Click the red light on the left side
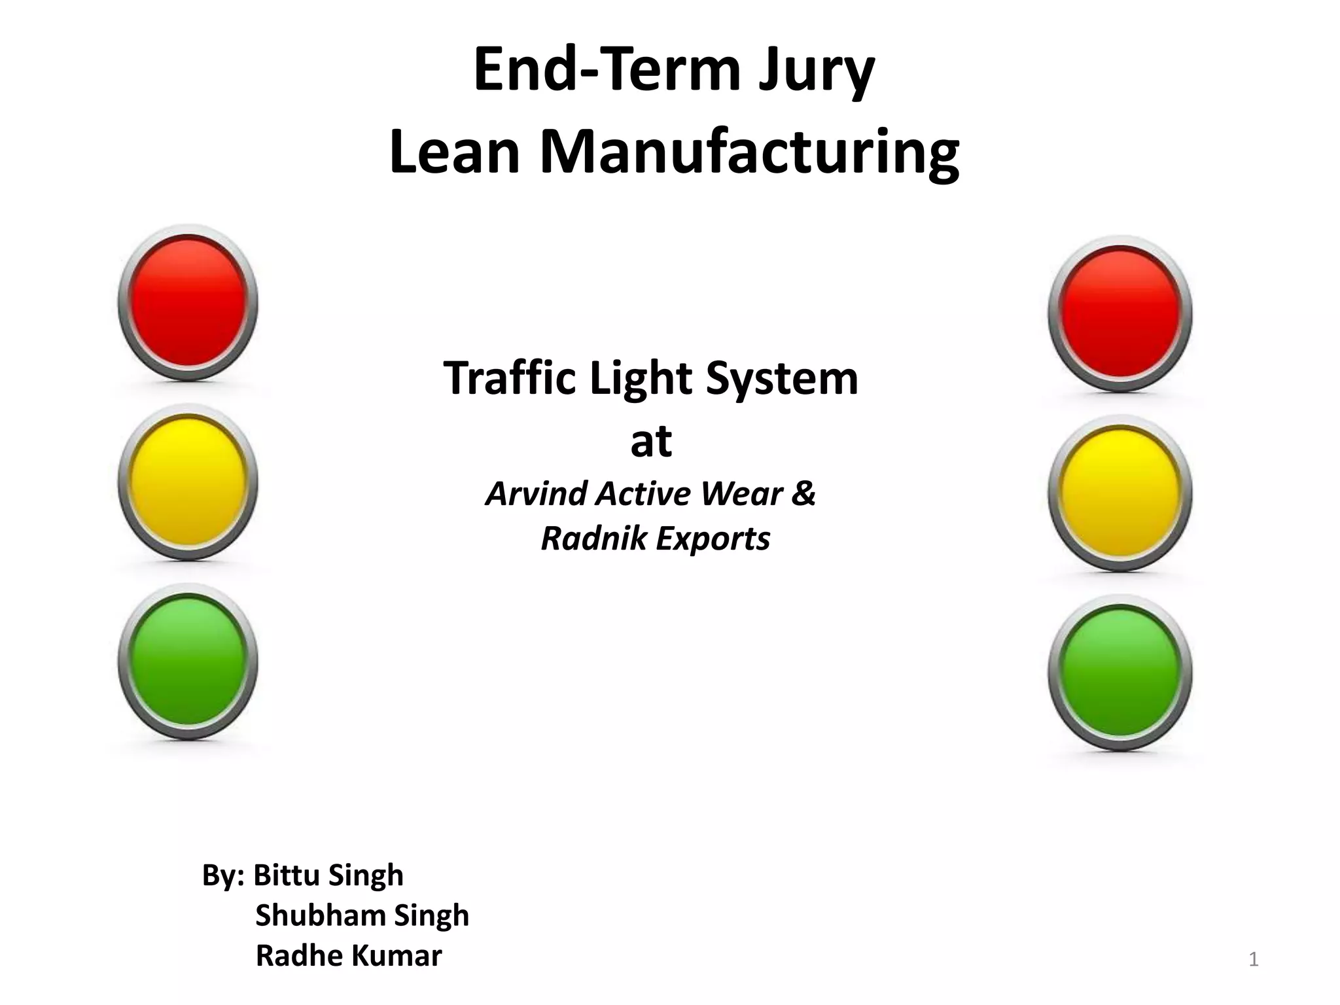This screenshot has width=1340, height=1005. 188,302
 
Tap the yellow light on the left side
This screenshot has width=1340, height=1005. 188,482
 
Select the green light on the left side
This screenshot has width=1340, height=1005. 188,661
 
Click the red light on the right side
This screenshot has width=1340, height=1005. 1120,313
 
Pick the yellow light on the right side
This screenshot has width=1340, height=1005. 1120,493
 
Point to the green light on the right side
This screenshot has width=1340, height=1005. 1120,673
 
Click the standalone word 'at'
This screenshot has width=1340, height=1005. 651,441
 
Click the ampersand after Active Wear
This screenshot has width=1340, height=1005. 803,493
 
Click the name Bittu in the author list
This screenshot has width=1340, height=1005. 287,875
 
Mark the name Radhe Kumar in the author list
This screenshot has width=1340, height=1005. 349,955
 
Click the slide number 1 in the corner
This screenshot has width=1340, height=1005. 1254,960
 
